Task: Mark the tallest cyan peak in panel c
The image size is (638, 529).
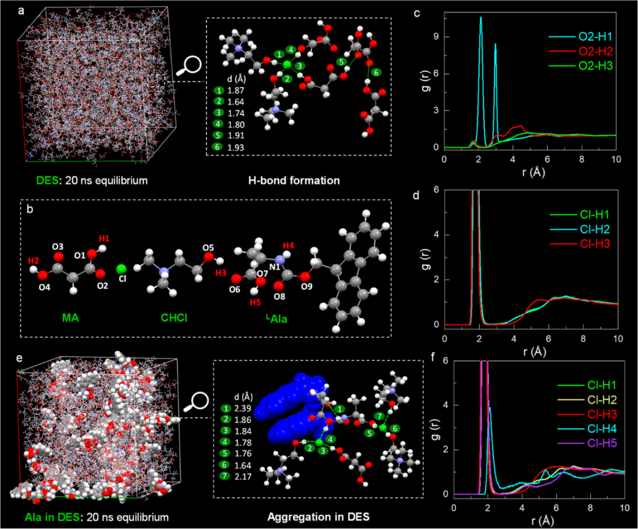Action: tap(480, 18)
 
